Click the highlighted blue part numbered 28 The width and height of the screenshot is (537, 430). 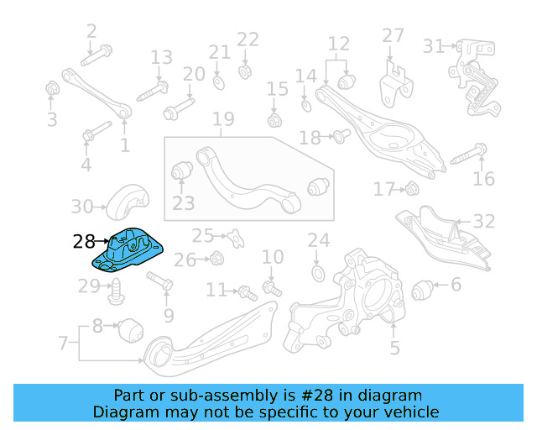(x=129, y=250)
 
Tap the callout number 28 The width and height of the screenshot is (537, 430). (x=84, y=243)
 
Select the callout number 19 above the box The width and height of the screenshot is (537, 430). (x=222, y=120)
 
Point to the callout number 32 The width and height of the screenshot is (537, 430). (x=484, y=223)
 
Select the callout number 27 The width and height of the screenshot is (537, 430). (x=393, y=36)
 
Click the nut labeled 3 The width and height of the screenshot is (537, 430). (x=52, y=88)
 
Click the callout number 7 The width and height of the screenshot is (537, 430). (x=63, y=343)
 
